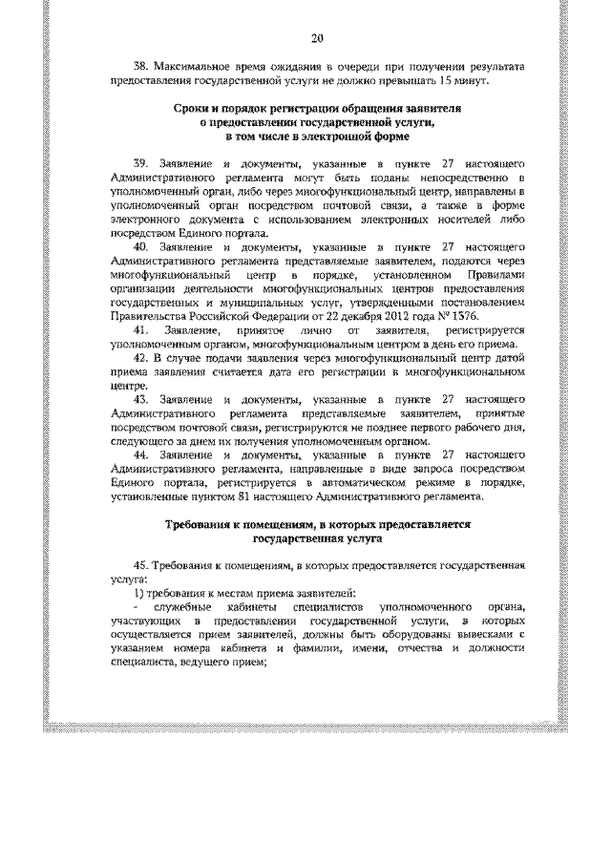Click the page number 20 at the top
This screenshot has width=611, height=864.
click(319, 38)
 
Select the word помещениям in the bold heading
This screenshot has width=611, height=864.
click(264, 526)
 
